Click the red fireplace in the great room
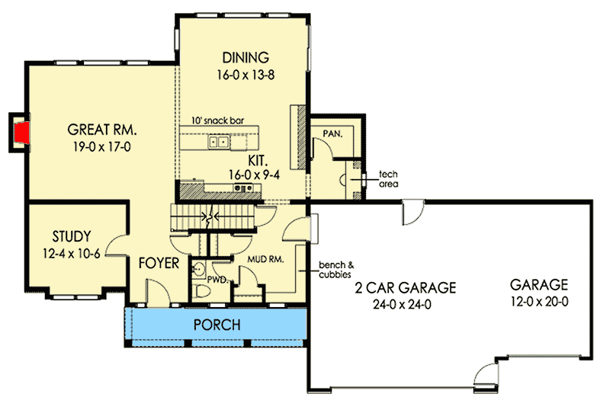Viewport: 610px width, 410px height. [x=23, y=131]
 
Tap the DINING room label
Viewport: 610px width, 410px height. [x=246, y=57]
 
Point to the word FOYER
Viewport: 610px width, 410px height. [x=159, y=264]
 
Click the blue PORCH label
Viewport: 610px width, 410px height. [x=216, y=325]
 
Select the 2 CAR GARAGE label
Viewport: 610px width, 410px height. [x=405, y=287]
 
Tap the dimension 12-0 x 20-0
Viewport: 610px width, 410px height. [x=540, y=302]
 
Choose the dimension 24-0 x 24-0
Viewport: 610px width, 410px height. [x=405, y=304]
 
